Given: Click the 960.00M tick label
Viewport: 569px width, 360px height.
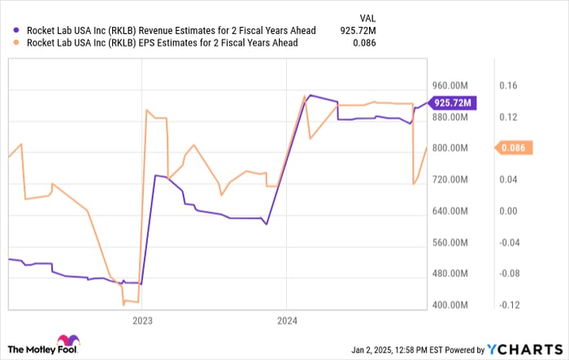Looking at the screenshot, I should click(450, 85).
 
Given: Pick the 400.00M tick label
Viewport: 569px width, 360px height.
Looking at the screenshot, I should click(450, 306).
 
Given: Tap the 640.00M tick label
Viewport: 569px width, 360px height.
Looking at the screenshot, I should click(450, 211).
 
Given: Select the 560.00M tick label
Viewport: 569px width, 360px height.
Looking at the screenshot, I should click(450, 243).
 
